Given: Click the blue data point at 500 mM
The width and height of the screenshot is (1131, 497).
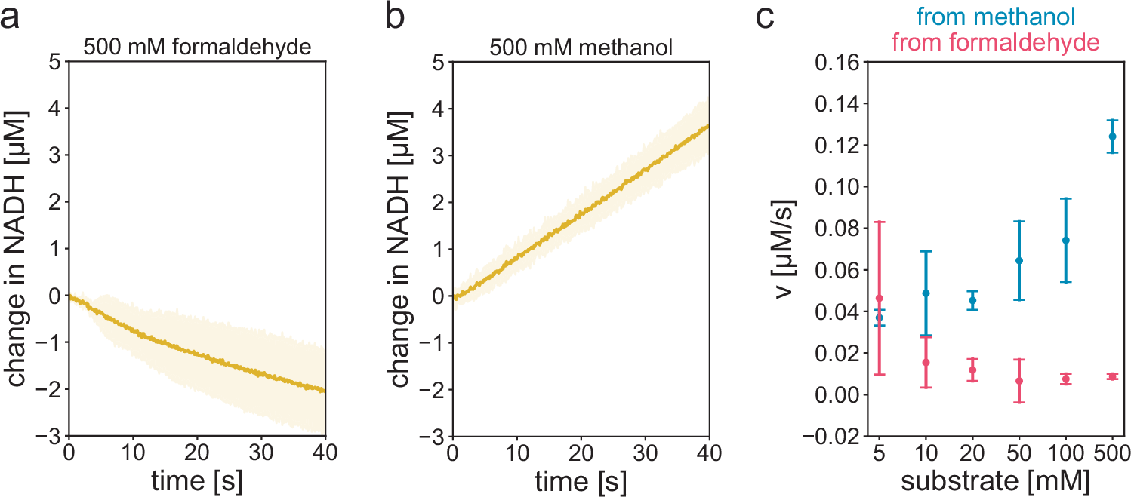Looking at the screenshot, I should click(x=1112, y=137).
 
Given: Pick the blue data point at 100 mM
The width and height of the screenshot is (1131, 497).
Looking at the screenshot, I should click(x=1065, y=241).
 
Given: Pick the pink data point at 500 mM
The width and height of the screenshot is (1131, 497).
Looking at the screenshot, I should click(x=1112, y=376).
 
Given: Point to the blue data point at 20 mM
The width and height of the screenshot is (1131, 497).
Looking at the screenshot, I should click(x=972, y=300).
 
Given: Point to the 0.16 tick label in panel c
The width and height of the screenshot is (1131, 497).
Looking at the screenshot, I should click(x=837, y=62).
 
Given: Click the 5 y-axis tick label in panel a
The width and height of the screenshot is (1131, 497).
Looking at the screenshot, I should click(x=54, y=62).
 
